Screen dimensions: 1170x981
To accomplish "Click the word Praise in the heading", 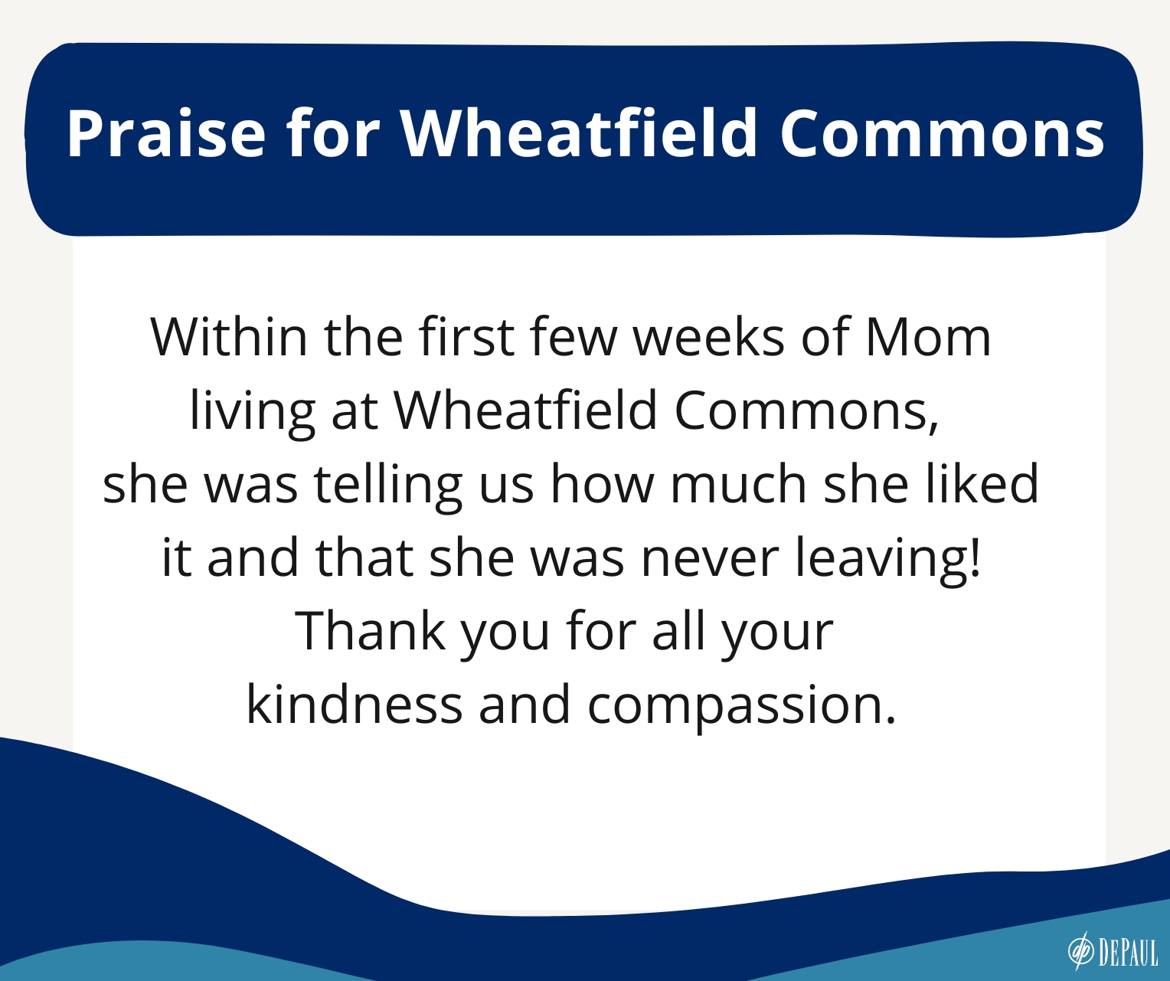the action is (166, 133).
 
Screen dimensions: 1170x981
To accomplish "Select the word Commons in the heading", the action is (942, 133).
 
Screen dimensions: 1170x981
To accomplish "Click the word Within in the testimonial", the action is (229, 337).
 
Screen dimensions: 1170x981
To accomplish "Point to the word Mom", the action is (929, 338).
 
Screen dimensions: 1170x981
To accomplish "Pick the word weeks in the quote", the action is (709, 337).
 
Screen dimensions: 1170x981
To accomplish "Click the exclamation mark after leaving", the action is (976, 557).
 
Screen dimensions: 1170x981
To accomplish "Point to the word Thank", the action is (370, 631).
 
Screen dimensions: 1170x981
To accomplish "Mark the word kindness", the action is (354, 704).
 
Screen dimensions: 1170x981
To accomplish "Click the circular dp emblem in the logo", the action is (1081, 951).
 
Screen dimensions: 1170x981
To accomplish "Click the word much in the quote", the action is (739, 484).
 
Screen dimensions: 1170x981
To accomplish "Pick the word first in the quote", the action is (466, 337).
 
